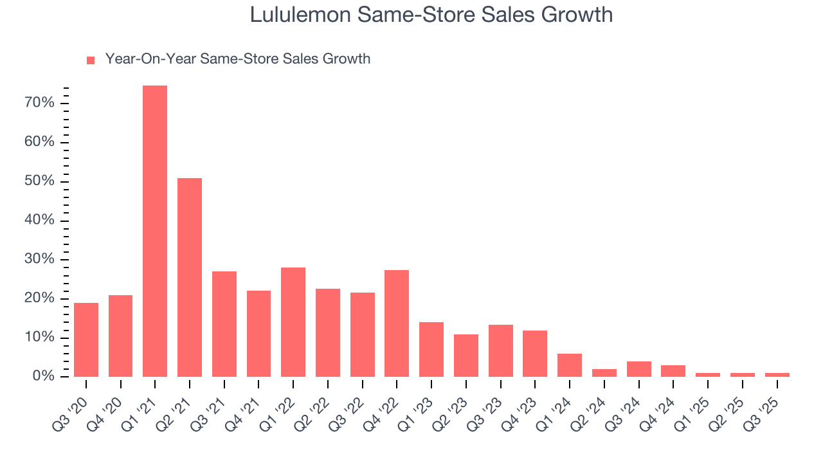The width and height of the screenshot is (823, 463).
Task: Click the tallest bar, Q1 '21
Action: point(155,231)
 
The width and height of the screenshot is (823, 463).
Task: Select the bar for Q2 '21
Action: point(190,277)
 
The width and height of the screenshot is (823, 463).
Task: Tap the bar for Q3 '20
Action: point(86,340)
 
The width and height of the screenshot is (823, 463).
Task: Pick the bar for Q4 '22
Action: point(397,323)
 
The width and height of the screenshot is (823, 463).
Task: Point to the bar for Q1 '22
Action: point(293,322)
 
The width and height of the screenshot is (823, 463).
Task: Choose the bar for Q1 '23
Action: point(431,349)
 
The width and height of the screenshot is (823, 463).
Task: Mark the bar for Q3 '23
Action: point(500,350)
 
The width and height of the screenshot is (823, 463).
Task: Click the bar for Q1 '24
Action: point(570,365)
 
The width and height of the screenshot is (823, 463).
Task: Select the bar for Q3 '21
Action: point(224,323)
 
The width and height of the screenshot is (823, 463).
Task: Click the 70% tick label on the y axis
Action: point(39,103)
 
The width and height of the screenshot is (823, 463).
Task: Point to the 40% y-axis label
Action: point(39,221)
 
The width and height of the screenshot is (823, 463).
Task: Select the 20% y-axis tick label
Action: point(39,298)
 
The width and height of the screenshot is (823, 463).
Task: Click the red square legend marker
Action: point(91,60)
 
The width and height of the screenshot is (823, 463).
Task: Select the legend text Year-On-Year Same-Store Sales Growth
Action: point(238,59)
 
